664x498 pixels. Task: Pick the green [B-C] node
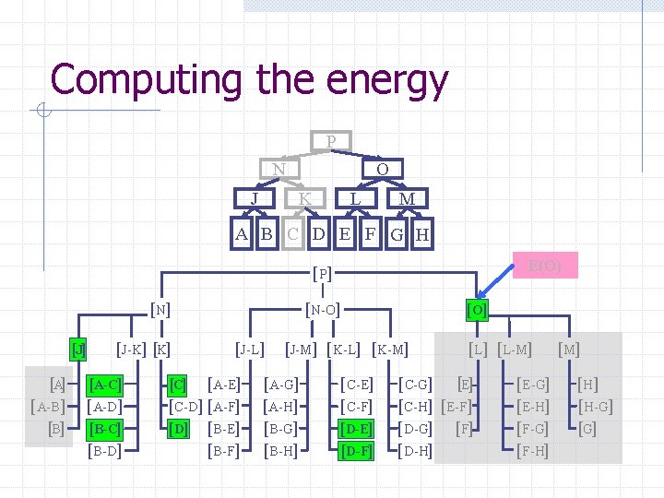104,429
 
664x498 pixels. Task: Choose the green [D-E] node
355,429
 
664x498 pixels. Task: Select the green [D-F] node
355,451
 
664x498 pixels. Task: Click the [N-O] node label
323,310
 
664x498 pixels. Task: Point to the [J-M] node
302,349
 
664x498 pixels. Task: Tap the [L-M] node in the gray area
515,349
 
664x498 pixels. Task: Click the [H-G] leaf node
595,407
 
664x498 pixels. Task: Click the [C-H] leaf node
415,407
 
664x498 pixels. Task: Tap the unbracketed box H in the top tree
422,234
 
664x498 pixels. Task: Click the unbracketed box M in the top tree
406,199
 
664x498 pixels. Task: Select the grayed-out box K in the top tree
304,199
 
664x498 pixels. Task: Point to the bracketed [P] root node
323,273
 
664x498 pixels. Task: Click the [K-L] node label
344,349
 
